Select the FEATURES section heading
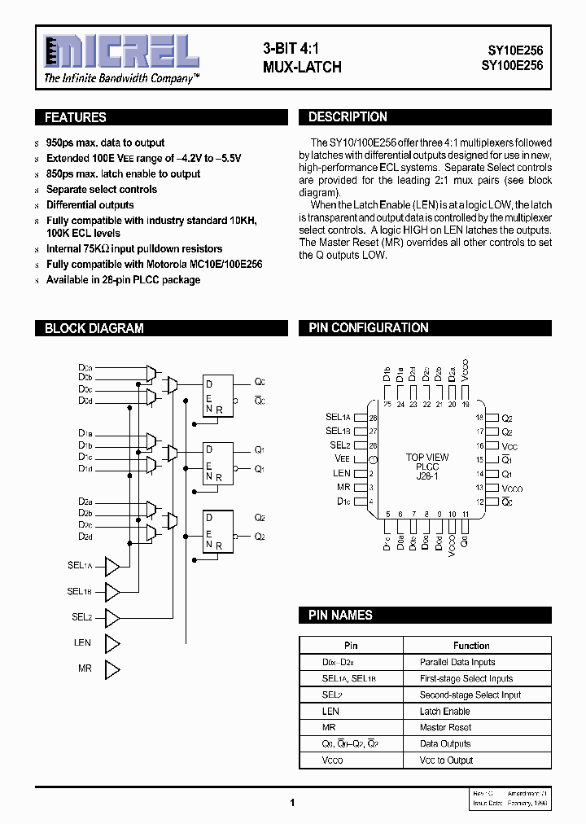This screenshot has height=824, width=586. point(76,117)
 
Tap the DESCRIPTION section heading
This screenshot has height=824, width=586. point(348,117)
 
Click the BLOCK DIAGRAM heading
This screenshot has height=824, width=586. point(94,328)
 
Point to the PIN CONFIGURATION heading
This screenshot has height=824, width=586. point(368,328)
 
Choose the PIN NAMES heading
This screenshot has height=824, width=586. point(340,616)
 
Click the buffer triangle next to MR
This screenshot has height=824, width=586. point(112,669)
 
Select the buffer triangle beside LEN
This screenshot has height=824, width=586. point(112,643)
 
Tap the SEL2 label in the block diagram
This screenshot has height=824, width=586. point(81,617)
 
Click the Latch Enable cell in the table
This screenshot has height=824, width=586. point(444,711)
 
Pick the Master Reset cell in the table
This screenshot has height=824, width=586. point(445,727)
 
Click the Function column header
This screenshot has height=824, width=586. point(471,646)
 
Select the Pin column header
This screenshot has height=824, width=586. point(351,646)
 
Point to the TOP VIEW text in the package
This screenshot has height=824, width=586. point(426,458)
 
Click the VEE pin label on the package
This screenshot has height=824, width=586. point(341,459)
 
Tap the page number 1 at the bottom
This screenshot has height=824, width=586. point(292,803)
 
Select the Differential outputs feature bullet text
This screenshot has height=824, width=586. point(90,205)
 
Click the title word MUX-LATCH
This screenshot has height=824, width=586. point(302,67)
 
